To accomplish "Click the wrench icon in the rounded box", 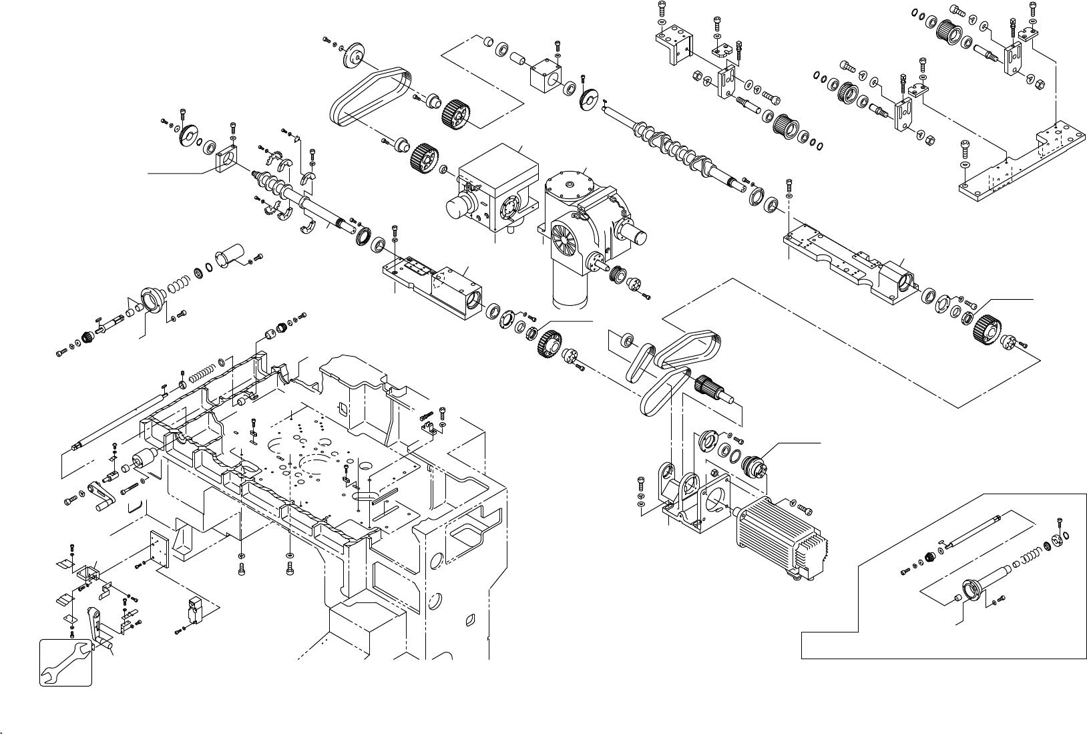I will point(65,662).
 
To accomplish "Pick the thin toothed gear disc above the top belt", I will point(359,54).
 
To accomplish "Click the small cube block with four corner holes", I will point(544,79).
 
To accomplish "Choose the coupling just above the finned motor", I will point(756,464).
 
